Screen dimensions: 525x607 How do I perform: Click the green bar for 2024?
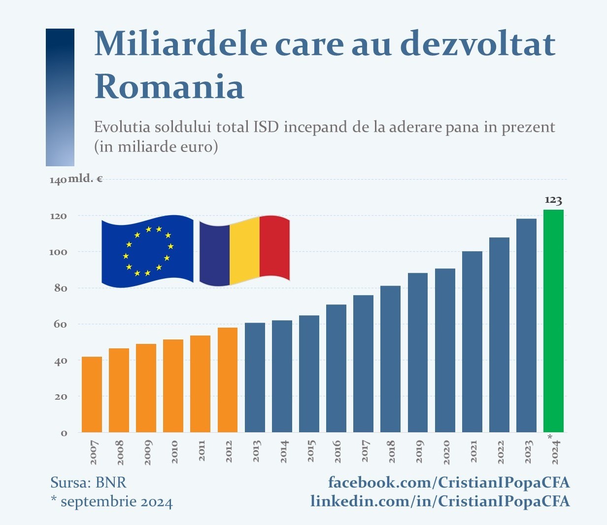(x=553, y=321)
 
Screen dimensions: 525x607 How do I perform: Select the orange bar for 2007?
(x=92, y=394)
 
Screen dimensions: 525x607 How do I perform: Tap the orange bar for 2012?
(x=227, y=380)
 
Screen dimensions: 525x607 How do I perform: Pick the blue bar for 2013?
(x=255, y=377)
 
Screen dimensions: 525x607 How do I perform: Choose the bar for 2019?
(x=418, y=352)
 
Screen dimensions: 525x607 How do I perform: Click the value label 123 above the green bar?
(x=553, y=200)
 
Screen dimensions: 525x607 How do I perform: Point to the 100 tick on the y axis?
(x=58, y=252)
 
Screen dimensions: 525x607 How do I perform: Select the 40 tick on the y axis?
(x=60, y=361)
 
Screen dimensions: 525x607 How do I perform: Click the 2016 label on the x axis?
(x=337, y=451)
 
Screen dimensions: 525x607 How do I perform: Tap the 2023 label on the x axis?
(x=528, y=451)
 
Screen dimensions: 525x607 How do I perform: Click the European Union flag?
(x=147, y=251)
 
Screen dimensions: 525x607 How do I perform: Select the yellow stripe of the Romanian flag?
(x=244, y=251)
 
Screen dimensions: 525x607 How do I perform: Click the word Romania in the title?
(x=169, y=86)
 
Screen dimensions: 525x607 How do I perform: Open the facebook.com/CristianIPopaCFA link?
(x=449, y=482)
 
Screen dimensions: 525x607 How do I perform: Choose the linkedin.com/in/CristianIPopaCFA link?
(x=440, y=501)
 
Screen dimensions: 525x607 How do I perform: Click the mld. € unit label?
(x=85, y=179)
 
